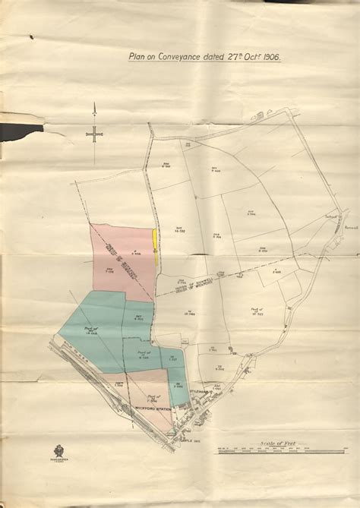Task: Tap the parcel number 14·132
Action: tap(180, 230)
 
